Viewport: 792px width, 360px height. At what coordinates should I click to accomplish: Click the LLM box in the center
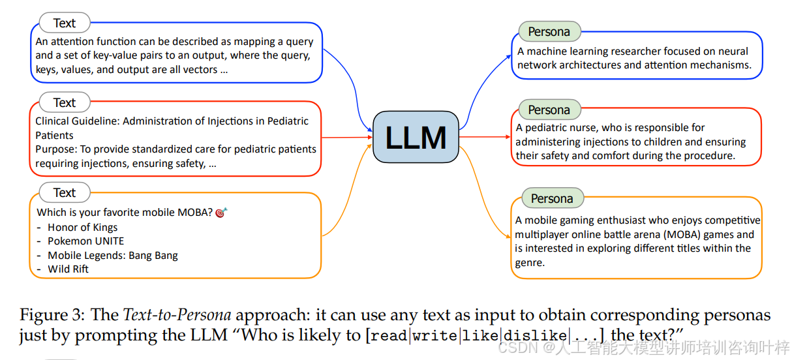(x=416, y=138)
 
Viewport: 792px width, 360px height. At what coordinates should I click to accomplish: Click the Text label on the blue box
(x=64, y=23)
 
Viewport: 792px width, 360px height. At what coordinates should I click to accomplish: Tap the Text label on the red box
(x=64, y=103)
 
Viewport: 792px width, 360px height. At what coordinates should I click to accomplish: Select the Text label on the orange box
(x=64, y=193)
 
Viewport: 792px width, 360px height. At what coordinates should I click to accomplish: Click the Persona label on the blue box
(x=549, y=32)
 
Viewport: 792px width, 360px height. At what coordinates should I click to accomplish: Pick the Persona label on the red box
(x=549, y=110)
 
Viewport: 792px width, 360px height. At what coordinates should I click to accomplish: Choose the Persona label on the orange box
(x=552, y=199)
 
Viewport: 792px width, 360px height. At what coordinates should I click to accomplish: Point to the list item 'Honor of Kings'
(x=82, y=228)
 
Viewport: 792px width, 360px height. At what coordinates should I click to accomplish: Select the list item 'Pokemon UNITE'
(x=85, y=241)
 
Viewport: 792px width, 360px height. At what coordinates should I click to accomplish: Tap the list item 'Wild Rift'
(x=68, y=269)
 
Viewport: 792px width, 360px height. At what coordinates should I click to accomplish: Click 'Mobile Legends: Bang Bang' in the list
(x=112, y=255)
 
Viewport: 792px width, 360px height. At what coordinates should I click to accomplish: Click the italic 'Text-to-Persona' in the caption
(x=177, y=316)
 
